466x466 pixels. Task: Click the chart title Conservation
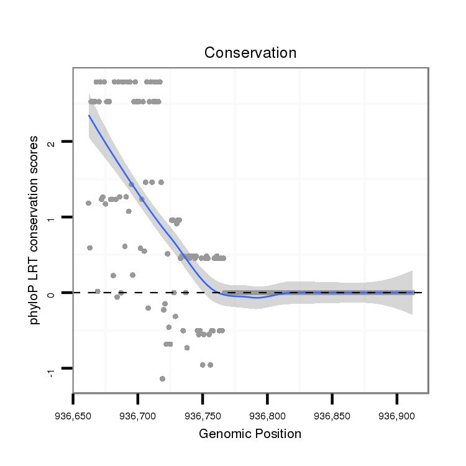point(250,53)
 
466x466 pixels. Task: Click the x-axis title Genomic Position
point(250,434)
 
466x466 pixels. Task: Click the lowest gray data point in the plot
point(162,378)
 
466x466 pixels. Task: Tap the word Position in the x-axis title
point(278,434)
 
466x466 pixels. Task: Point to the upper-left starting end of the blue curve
point(89,115)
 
